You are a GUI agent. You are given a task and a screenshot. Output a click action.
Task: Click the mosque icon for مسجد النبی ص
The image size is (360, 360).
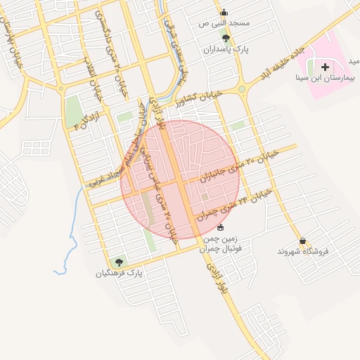[x=224, y=12]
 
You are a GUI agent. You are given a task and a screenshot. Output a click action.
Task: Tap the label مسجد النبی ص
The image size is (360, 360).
[x=224, y=24]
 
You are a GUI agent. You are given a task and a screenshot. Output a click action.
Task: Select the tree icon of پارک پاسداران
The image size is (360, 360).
[x=226, y=38]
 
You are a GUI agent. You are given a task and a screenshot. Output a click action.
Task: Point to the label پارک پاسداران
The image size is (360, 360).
[x=226, y=50]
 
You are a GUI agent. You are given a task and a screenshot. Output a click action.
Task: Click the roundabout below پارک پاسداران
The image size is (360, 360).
[x=243, y=89]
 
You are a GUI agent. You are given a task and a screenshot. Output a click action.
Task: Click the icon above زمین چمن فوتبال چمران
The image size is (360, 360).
[x=220, y=227]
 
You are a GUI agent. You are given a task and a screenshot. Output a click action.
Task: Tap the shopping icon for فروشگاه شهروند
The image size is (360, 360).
[x=302, y=240]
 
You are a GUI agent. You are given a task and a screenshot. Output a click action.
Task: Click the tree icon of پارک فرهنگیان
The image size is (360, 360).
[x=120, y=262]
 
